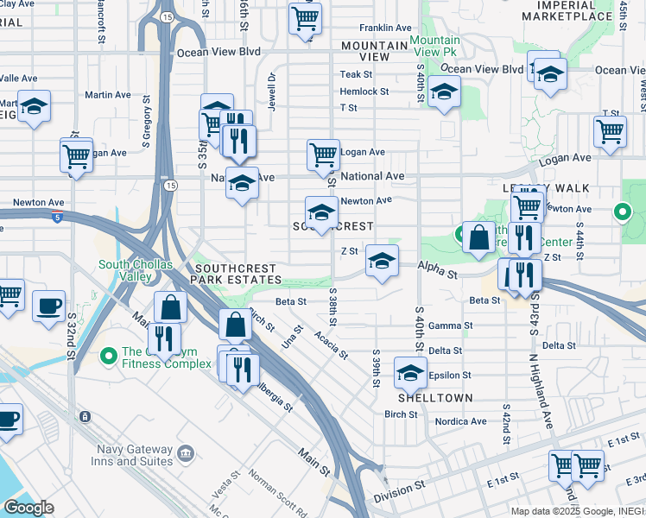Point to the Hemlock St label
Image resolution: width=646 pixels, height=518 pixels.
pyautogui.click(x=364, y=91)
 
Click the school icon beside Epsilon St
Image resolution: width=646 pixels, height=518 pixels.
pyautogui.click(x=410, y=372)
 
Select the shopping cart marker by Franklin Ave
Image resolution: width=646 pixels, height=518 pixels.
pyautogui.click(x=305, y=17)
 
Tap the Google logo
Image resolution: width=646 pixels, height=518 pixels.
pyautogui.click(x=28, y=507)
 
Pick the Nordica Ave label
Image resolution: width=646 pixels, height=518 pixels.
pyautogui.click(x=460, y=421)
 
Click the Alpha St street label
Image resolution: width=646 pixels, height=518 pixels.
pyautogui.click(x=439, y=270)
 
